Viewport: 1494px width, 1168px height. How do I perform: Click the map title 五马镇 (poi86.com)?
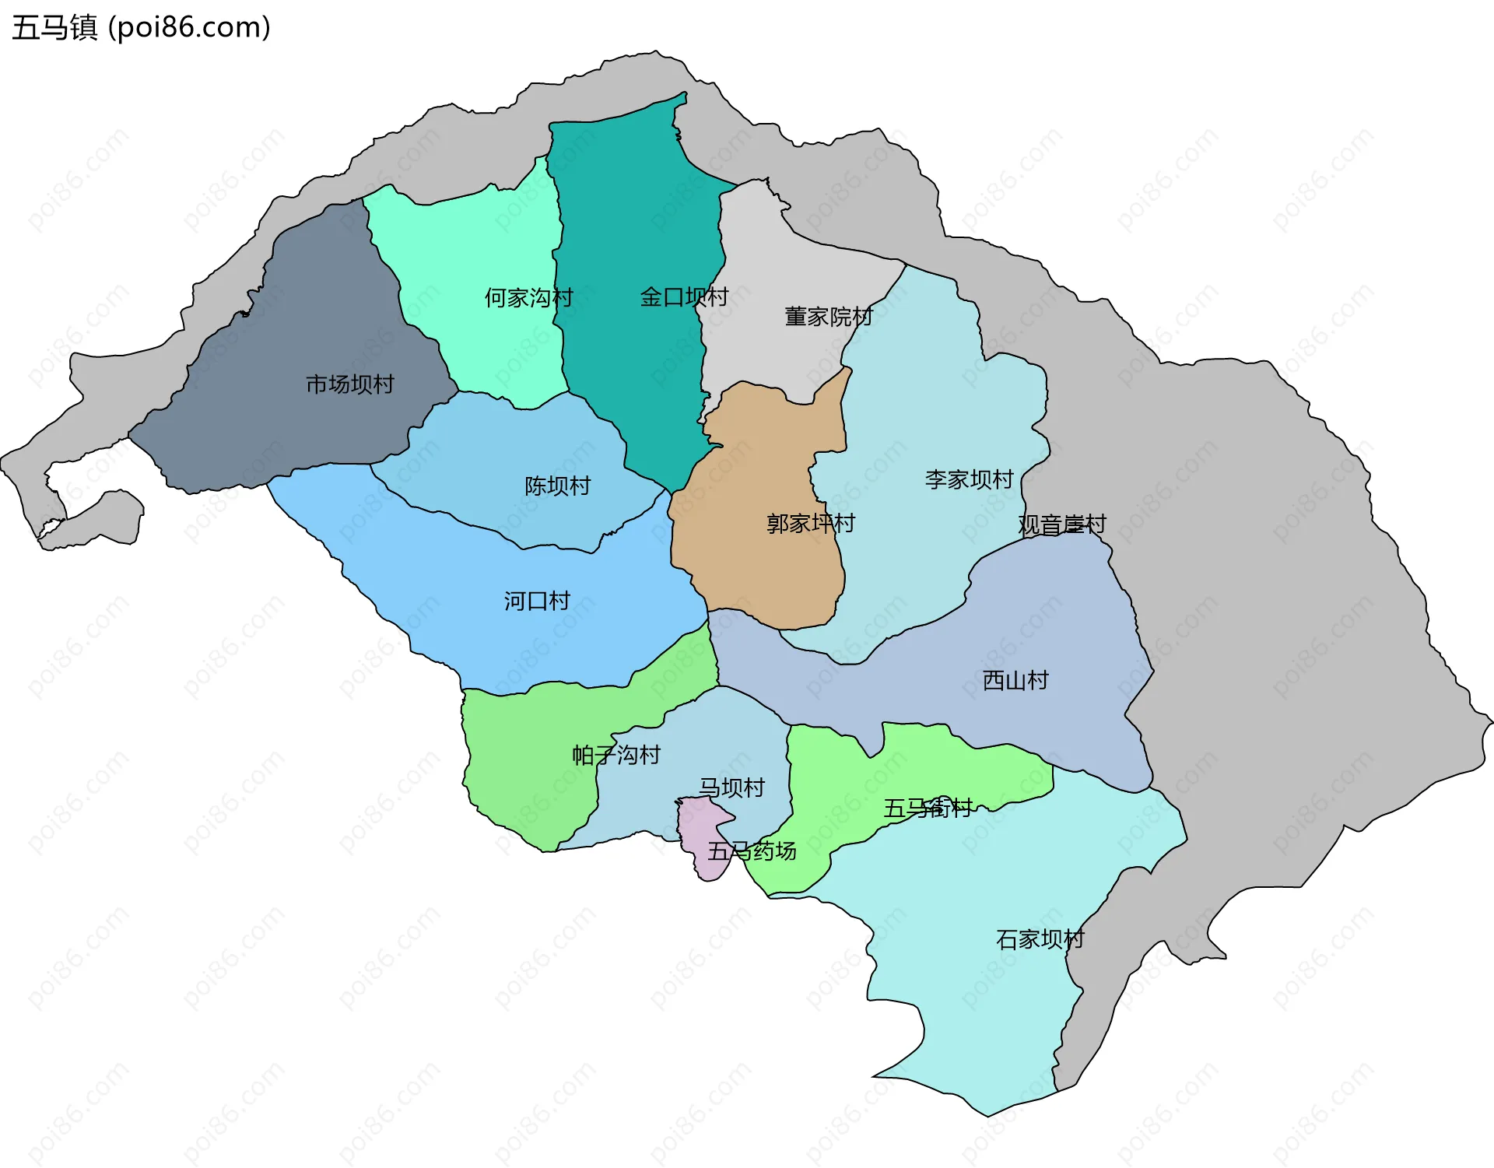[141, 27]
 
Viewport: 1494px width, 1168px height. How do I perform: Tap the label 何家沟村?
[528, 297]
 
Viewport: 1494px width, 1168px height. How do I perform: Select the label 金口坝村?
[683, 296]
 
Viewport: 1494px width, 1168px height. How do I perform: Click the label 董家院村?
[828, 317]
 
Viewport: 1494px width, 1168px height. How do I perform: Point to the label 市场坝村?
[349, 384]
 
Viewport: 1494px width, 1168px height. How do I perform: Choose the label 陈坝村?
[557, 486]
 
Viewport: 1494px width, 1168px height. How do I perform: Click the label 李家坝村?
[969, 479]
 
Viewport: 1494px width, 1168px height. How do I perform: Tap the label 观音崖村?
[1061, 524]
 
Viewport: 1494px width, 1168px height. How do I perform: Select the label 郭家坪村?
[810, 523]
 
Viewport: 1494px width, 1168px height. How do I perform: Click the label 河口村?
[537, 601]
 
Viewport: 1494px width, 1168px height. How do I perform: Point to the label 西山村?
[1015, 680]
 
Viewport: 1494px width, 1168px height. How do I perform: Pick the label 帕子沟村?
[615, 755]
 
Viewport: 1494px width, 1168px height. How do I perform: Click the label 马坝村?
[731, 787]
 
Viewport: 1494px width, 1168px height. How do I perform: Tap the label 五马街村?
[927, 808]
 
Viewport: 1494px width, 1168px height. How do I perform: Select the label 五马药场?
[751, 851]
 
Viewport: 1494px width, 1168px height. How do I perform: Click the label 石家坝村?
[1040, 939]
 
